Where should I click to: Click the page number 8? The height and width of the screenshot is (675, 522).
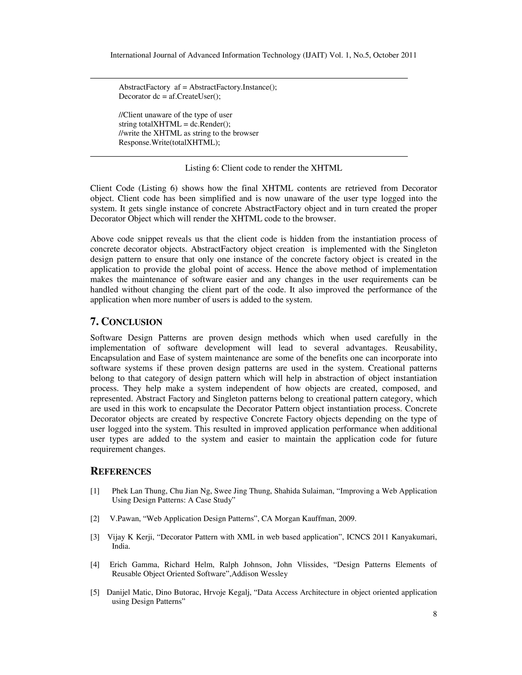point(435,614)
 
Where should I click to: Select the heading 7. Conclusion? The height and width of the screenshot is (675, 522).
point(126,322)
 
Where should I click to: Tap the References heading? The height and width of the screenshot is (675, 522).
point(121,471)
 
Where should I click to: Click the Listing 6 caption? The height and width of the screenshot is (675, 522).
point(264,168)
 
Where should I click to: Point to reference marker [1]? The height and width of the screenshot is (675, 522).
point(95,491)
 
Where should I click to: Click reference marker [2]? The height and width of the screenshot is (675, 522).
point(95,519)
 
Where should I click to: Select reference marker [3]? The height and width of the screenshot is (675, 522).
point(95,537)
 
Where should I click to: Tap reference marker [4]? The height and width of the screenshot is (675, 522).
point(95,565)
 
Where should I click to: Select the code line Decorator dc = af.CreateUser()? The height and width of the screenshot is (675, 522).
point(170,97)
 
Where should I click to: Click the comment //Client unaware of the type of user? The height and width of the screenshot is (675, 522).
point(175,115)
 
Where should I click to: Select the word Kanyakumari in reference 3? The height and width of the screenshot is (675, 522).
point(414,537)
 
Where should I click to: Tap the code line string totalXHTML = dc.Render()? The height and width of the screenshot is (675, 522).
point(175,124)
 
